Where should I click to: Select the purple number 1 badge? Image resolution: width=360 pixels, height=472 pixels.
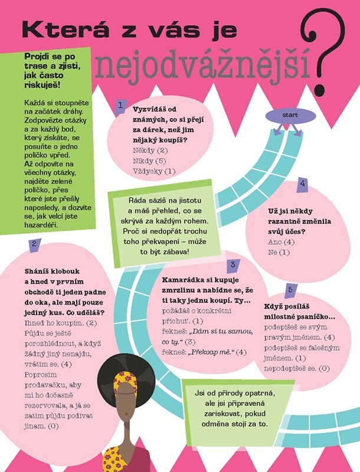pyautogui.click(x=121, y=106)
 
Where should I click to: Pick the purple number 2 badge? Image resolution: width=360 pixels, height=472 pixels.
pyautogui.click(x=35, y=243)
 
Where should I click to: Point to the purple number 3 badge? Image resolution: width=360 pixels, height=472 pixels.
pyautogui.click(x=233, y=264)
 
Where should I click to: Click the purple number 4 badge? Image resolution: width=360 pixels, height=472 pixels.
pyautogui.click(x=302, y=183)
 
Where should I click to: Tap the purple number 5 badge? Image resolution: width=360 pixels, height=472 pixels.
pyautogui.click(x=290, y=289)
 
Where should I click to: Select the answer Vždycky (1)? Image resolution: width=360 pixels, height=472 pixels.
pyautogui.click(x=146, y=171)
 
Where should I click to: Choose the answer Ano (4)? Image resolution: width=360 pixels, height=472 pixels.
pyautogui.click(x=281, y=242)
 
